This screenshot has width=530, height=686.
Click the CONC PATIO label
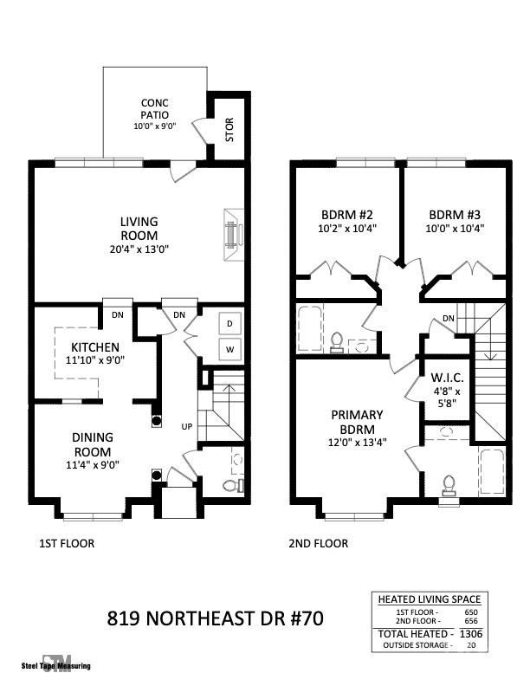tap(154, 108)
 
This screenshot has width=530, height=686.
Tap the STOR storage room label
tap(229, 130)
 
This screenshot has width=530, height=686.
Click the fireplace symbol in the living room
tap(231, 234)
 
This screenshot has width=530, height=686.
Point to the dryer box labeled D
tap(230, 324)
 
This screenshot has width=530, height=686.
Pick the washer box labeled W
tap(230, 350)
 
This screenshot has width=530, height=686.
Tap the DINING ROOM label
tap(92, 444)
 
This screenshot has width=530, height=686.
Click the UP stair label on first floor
tap(186, 427)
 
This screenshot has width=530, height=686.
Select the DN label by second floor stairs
tap(449, 319)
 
